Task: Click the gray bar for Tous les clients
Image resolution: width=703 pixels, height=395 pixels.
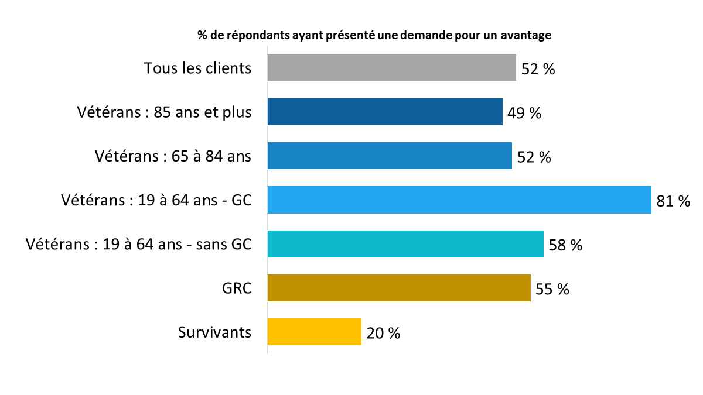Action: pyautogui.click(x=391, y=68)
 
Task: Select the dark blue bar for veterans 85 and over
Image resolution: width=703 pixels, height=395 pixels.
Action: pyautogui.click(x=385, y=112)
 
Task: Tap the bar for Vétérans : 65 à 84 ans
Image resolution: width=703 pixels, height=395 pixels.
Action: pyautogui.click(x=390, y=156)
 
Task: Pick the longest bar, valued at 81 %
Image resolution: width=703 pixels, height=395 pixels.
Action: pyautogui.click(x=459, y=200)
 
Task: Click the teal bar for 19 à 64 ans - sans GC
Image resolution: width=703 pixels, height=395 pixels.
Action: pyautogui.click(x=405, y=244)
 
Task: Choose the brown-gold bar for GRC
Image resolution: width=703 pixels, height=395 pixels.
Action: pyautogui.click(x=399, y=288)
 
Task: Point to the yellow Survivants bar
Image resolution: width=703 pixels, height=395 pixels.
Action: pyautogui.click(x=314, y=332)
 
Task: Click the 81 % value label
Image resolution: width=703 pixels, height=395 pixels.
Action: pyautogui.click(x=673, y=201)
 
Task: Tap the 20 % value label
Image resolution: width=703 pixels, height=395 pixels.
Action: pyautogui.click(x=383, y=333)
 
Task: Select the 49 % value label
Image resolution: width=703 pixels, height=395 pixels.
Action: pyautogui.click(x=524, y=113)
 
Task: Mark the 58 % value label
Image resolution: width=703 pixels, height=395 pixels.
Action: pyautogui.click(x=565, y=245)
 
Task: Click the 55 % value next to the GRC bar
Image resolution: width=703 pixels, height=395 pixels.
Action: pyautogui.click(x=552, y=289)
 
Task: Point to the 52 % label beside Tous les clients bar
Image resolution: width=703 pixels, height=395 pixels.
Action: pyautogui.click(x=538, y=69)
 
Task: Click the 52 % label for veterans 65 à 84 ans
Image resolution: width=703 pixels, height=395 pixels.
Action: pyautogui.click(x=534, y=157)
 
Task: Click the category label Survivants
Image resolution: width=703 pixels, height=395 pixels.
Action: pyautogui.click(x=214, y=332)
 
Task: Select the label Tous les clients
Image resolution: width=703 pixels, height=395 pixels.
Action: pyautogui.click(x=197, y=68)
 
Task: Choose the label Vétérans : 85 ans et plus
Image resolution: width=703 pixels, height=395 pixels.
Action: pyautogui.click(x=164, y=112)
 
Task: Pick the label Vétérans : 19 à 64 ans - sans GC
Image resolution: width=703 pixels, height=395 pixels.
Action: pyautogui.click(x=139, y=245)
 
